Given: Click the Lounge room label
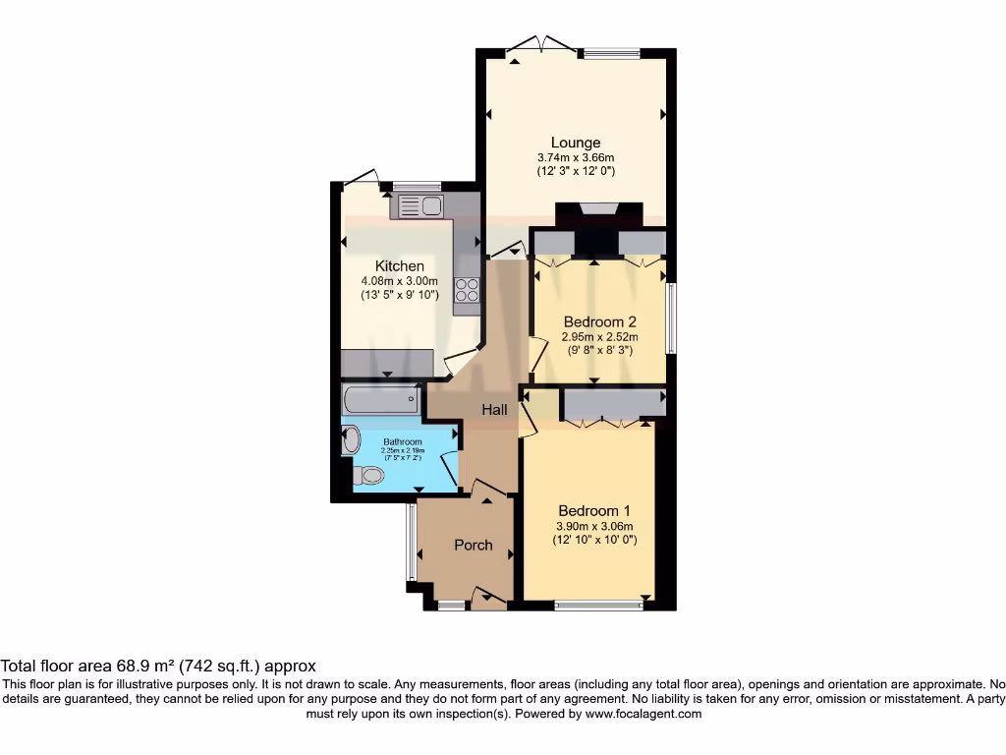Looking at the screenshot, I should tap(575, 143).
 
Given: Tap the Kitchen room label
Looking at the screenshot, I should tap(400, 265).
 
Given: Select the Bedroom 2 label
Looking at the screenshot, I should tap(600, 321).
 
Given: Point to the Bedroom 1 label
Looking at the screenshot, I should tap(594, 510).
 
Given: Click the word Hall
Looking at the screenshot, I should tap(494, 409).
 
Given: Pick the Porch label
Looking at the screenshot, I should tap(473, 545).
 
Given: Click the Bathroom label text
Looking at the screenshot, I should tap(403, 442).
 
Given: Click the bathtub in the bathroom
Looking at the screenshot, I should tap(381, 400).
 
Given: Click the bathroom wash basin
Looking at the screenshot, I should tap(351, 439).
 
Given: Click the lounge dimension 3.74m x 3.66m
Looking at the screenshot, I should tap(575, 157).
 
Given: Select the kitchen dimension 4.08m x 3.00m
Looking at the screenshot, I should tap(400, 280).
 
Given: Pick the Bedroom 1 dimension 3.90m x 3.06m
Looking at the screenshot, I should tap(595, 526).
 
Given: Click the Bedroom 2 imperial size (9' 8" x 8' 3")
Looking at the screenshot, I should tap(600, 349).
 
